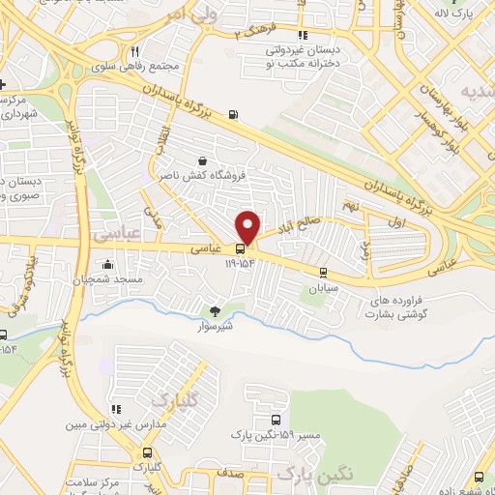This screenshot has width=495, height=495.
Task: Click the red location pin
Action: (249, 227)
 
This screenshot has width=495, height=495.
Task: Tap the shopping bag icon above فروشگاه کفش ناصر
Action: (202, 160)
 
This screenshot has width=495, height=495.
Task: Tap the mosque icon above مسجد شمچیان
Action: (107, 265)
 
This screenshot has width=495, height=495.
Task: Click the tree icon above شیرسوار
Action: (216, 311)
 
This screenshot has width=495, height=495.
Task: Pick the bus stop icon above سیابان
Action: (322, 273)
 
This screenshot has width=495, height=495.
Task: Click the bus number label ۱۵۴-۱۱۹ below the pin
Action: (241, 262)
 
